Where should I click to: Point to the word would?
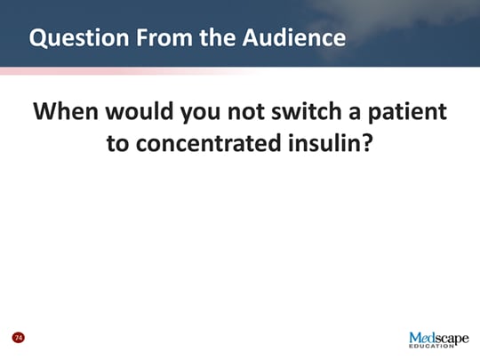pos(141,114)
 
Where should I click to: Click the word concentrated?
pos(206,143)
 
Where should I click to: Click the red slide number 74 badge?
pos(17,338)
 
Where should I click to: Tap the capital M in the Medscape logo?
pos(417,339)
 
